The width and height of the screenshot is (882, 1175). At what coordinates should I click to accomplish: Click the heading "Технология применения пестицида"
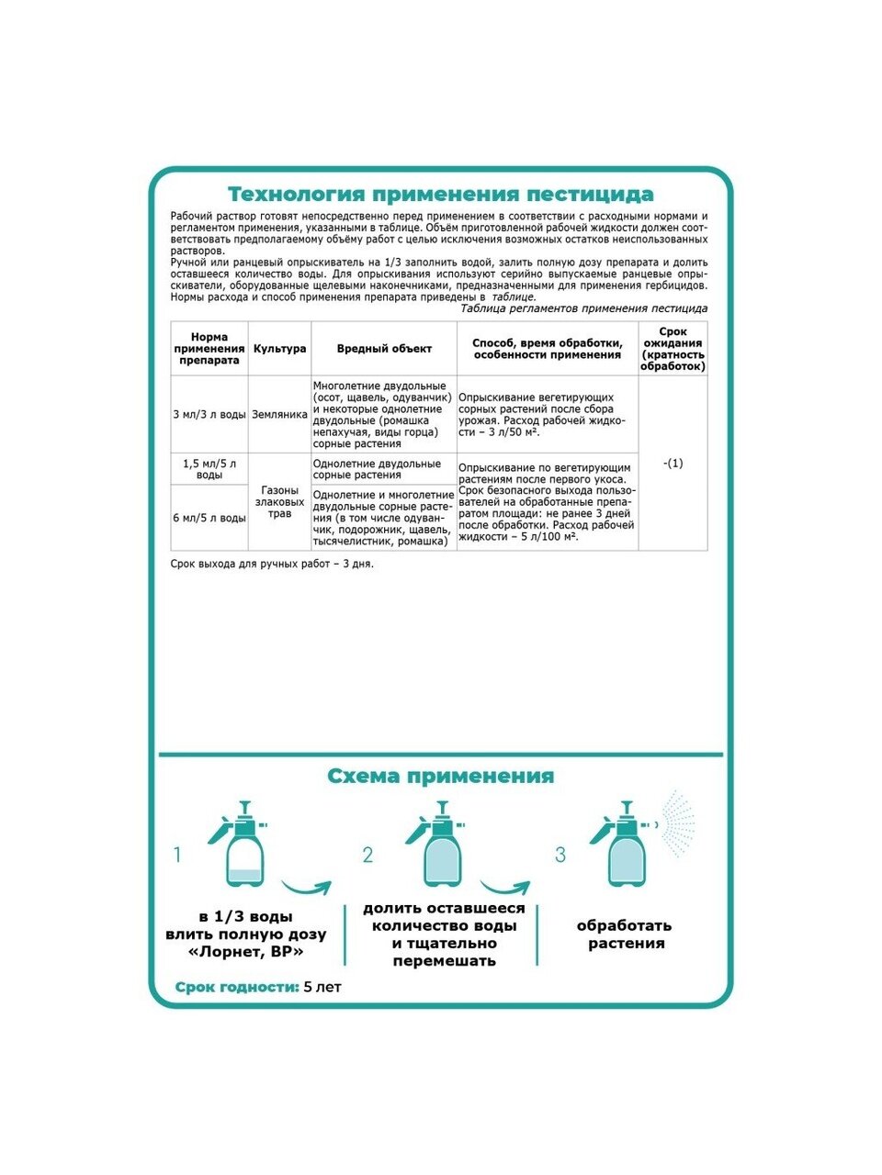pos(440,195)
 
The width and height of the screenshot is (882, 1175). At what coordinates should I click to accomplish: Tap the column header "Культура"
pos(279,349)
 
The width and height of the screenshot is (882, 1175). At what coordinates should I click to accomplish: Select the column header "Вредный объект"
pos(384,349)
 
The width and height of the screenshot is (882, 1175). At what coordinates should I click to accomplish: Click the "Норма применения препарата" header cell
pos(209,349)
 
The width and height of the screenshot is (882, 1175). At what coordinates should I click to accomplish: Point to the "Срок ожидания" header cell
pos(673,349)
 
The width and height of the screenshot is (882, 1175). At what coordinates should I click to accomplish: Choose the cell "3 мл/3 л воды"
pos(209,415)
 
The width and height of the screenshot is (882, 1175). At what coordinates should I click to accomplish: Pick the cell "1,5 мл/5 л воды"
pos(209,469)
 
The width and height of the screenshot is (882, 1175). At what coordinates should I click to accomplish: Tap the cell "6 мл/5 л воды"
pos(209,518)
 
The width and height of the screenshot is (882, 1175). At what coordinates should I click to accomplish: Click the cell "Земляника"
pos(279,415)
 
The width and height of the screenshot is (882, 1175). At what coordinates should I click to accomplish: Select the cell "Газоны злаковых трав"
pos(279,502)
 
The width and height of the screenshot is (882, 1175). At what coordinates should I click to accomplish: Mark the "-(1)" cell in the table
pos(673,464)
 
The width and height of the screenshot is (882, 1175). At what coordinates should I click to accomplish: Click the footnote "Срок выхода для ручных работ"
pos(272,564)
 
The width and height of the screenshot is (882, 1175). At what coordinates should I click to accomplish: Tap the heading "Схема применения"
pos(440,777)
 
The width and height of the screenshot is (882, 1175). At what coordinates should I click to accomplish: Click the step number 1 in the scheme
pos(177,856)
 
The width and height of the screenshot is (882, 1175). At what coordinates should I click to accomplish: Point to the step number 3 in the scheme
pos(560,856)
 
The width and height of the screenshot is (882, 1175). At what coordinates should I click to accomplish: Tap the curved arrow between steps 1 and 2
pos(306,888)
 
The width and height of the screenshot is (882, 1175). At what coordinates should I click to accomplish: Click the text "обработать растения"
pos(626,934)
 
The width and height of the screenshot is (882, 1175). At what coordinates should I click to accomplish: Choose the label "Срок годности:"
pos(237,988)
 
